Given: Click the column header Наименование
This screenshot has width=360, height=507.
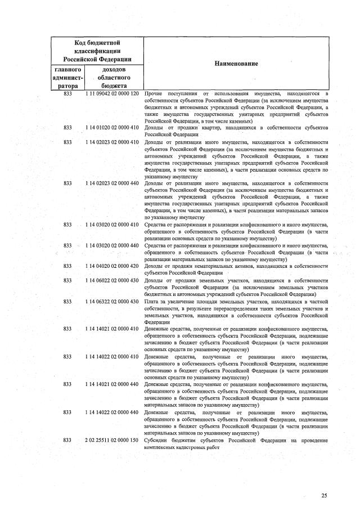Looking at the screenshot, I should coord(236,64).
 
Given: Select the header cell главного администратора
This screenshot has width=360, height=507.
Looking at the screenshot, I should coord(67,77).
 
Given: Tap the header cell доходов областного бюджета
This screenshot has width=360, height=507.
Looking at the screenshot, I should coord(114,77).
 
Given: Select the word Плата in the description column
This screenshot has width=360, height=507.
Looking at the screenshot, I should coord(152,302).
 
